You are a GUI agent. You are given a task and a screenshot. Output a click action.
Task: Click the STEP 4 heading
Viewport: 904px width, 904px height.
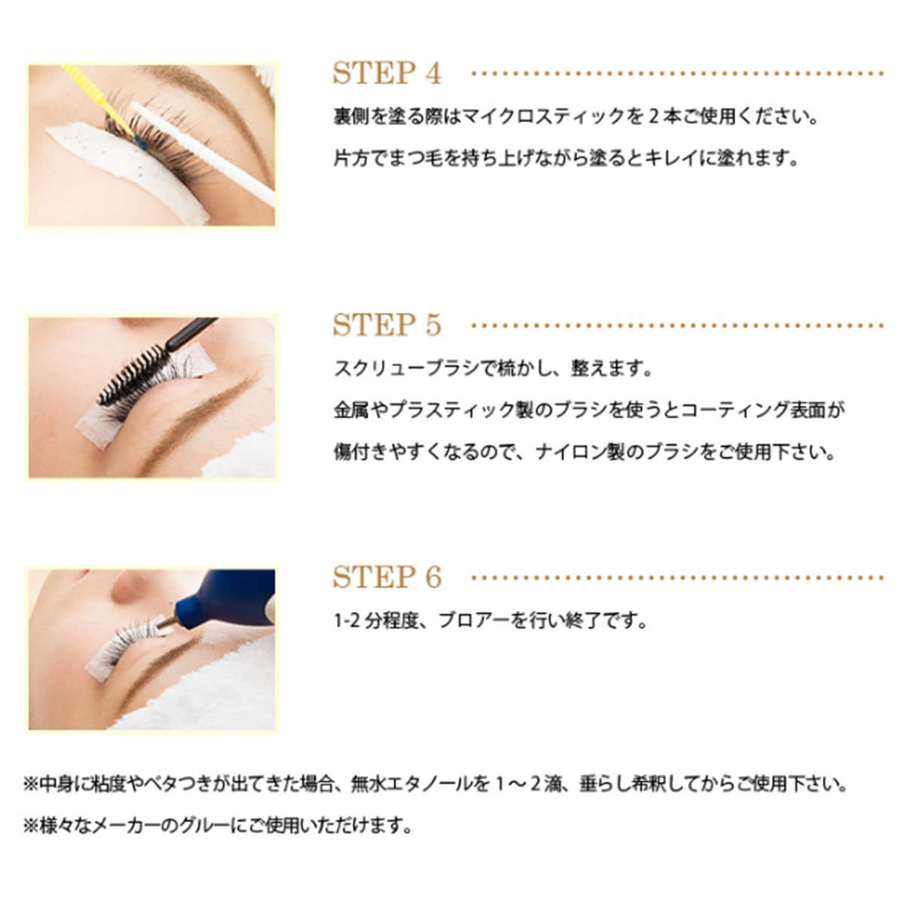pos(387,73)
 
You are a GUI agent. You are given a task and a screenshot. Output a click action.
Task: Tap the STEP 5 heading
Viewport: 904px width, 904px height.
pos(387,325)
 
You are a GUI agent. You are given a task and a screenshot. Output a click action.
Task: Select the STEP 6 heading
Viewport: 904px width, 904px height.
pos(387,576)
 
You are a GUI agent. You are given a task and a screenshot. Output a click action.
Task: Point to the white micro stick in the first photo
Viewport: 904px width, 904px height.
pos(202,152)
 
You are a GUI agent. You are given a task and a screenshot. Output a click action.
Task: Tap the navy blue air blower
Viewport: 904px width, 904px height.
pos(225,599)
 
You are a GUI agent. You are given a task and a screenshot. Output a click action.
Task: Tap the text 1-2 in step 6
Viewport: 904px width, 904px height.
pos(347,621)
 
